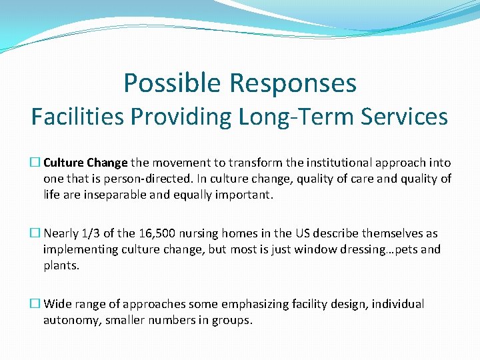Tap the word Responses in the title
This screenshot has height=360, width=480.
[x=294, y=83]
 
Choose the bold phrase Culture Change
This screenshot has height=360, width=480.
[x=85, y=163]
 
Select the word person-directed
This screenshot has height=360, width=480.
[x=143, y=179]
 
